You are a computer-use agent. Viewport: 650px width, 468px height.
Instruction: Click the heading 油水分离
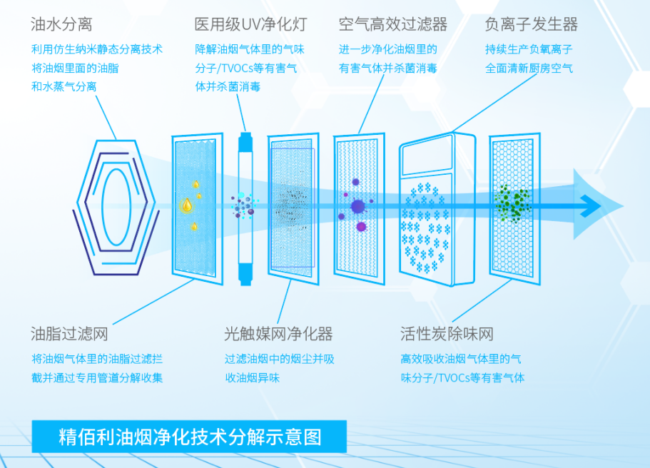click(61, 24)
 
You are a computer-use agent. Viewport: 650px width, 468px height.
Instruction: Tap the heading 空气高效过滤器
click(392, 24)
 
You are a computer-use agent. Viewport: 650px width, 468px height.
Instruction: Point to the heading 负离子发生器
click(531, 24)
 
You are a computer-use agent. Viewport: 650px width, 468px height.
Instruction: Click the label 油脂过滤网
click(69, 334)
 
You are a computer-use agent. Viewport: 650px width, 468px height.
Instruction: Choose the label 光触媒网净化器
click(278, 334)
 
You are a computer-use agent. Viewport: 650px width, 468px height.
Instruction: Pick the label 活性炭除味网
click(447, 334)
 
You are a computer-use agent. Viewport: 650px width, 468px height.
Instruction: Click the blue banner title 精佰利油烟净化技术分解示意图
click(189, 436)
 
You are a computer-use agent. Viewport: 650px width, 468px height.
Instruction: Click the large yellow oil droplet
click(187, 205)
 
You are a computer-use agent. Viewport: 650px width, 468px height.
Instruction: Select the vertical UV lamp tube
click(245, 208)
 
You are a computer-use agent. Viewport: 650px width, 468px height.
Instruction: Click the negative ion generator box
click(437, 210)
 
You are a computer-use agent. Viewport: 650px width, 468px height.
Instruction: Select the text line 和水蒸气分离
click(64, 86)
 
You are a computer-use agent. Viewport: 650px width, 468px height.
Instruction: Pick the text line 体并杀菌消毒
click(228, 86)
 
